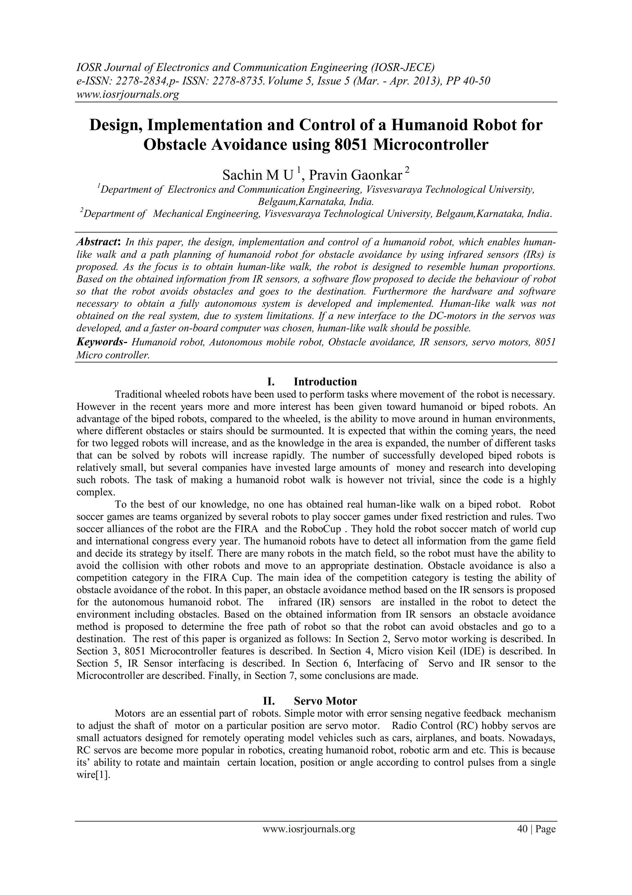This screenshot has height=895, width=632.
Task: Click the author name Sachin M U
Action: pos(257,175)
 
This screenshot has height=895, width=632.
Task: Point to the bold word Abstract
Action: pos(98,242)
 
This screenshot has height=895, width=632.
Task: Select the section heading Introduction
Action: pos(325,381)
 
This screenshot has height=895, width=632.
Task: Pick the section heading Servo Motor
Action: pos(325,701)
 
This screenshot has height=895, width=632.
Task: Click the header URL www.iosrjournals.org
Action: pos(127,94)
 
